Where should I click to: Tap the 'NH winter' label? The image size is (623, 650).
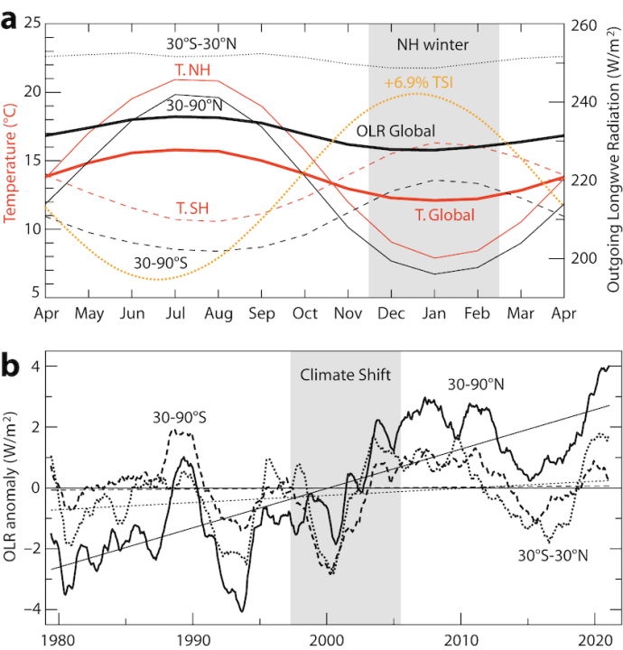(x=433, y=43)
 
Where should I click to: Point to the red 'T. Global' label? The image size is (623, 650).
(x=445, y=215)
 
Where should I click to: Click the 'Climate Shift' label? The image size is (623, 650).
(x=345, y=374)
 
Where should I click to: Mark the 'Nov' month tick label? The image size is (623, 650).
(x=349, y=314)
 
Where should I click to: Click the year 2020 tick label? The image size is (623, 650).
(x=595, y=639)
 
